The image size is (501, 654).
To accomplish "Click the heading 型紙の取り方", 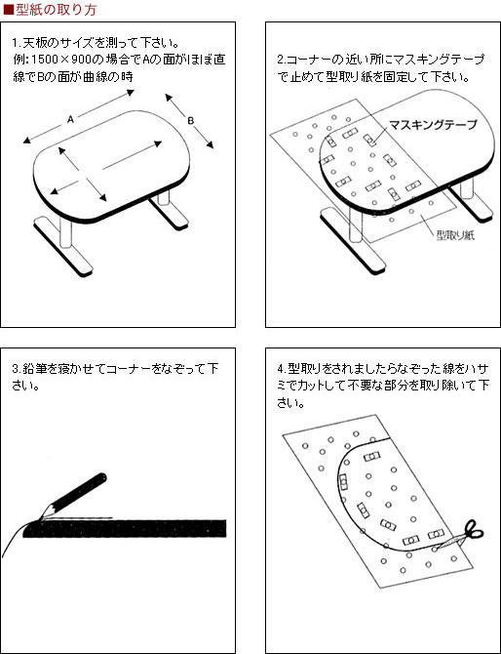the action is (56, 9).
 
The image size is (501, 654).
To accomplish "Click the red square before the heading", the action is (9, 10).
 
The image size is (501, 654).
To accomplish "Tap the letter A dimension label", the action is (70, 120).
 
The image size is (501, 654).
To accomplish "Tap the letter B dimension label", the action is (190, 121).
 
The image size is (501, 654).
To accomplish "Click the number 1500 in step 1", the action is (45, 61).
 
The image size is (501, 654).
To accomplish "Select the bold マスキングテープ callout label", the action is (433, 124).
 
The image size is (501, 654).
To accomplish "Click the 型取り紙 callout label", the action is (455, 235).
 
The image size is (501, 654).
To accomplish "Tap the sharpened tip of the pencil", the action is (40, 519).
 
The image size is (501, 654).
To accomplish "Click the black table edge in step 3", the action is (125, 528).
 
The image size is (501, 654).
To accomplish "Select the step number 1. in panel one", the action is (17, 43).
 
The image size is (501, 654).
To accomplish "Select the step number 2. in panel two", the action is (282, 60).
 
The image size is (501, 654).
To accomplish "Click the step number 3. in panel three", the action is (18, 369).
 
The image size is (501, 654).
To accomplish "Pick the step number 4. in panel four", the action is (282, 369).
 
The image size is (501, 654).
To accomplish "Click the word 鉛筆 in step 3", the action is (31, 369).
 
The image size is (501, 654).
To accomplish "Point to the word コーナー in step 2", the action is (308, 60).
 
